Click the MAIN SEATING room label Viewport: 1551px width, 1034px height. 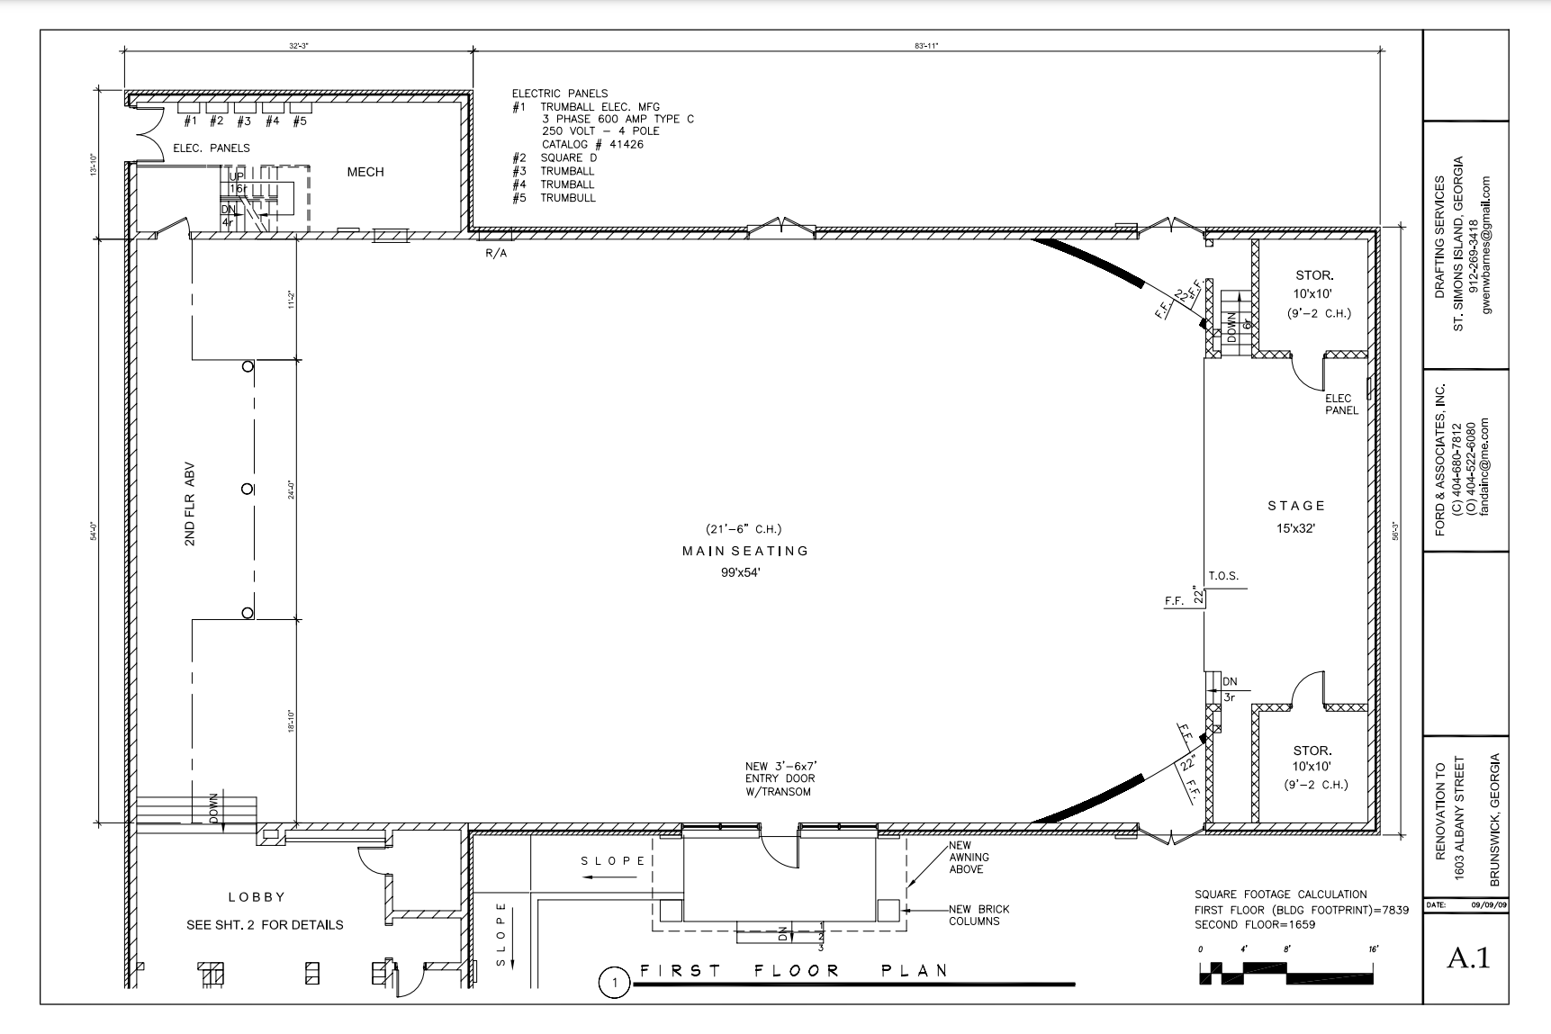(x=745, y=551)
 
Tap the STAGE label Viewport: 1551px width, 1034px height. (x=1296, y=506)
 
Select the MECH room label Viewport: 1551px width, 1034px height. (x=365, y=172)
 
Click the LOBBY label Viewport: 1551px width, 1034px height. (x=257, y=897)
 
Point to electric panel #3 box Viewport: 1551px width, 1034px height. (x=245, y=108)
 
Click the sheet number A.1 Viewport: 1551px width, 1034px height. (x=1467, y=958)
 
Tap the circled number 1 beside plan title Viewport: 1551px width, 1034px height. (x=615, y=983)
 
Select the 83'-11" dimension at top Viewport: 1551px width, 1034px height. (x=926, y=45)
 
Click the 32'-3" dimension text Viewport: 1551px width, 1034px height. (x=300, y=45)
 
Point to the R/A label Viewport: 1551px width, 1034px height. (x=496, y=254)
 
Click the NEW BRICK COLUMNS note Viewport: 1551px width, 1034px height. (x=979, y=915)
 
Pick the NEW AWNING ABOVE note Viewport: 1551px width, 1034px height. (x=967, y=858)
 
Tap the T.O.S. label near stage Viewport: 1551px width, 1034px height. (x=1223, y=576)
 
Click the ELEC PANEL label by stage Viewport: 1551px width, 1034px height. (x=1341, y=404)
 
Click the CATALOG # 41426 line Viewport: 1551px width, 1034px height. (x=592, y=144)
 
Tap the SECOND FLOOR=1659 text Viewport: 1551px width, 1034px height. (x=1255, y=924)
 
